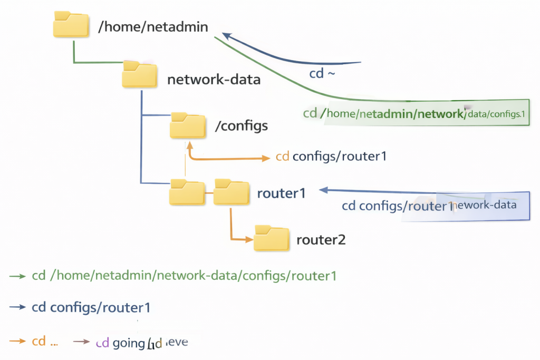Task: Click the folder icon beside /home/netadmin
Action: pyautogui.click(x=71, y=24)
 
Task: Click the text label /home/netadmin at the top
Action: pyautogui.click(x=153, y=26)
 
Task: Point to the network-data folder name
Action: pyautogui.click(x=214, y=80)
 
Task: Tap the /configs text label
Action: pyautogui.click(x=242, y=126)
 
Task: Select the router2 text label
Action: pyautogui.click(x=321, y=240)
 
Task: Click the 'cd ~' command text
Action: pyautogui.click(x=322, y=74)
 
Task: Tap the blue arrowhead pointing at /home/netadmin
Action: pyautogui.click(x=227, y=35)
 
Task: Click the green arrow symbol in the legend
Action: pyautogui.click(x=17, y=276)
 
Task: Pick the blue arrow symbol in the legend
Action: pyautogui.click(x=17, y=307)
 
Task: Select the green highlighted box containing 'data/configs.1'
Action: pyautogui.click(x=427, y=112)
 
